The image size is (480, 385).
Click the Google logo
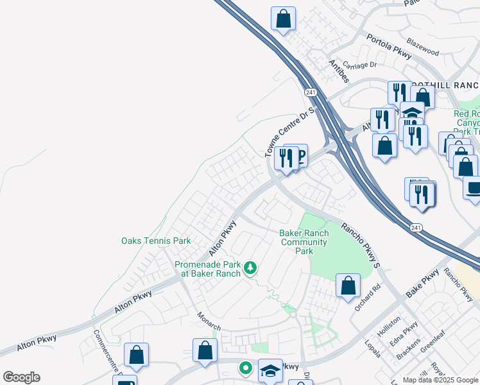[21, 377]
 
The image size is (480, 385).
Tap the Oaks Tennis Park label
[156, 241]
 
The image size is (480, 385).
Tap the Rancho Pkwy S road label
[361, 244]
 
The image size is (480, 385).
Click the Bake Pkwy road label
[422, 284]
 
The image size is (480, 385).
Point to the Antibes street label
[338, 71]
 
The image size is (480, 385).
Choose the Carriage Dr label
[359, 65]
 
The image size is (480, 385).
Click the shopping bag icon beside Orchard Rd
[348, 285]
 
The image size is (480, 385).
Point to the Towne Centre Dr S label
[290, 132]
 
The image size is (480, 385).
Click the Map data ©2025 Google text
[441, 380]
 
